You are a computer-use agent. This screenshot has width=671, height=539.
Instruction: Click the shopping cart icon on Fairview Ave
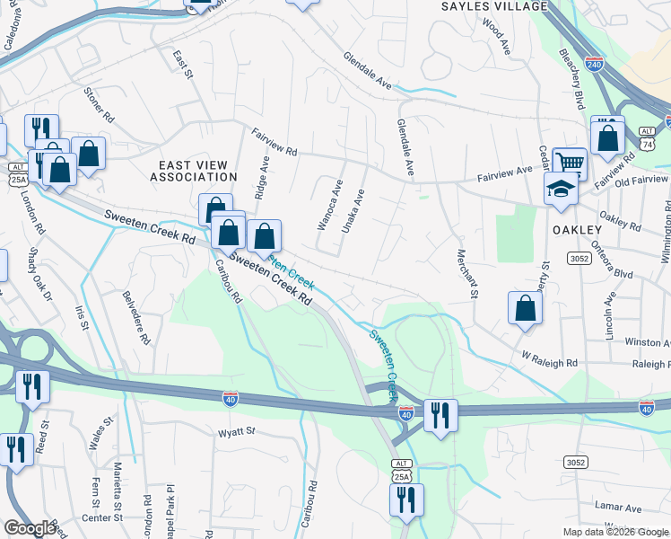pyautogui.click(x=570, y=163)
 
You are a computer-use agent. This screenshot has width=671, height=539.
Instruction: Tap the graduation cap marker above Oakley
pyautogui.click(x=561, y=189)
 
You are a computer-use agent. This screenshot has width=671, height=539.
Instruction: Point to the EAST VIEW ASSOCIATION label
pyautogui.click(x=198, y=171)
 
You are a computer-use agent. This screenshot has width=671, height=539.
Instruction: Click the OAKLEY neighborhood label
pyautogui.click(x=576, y=230)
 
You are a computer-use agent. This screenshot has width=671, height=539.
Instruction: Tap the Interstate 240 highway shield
pyautogui.click(x=594, y=65)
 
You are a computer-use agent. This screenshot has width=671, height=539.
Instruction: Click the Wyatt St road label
pyautogui.click(x=237, y=431)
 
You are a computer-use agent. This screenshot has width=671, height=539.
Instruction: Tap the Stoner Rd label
pyautogui.click(x=99, y=105)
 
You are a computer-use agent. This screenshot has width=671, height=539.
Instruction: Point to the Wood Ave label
pyautogui.click(x=495, y=36)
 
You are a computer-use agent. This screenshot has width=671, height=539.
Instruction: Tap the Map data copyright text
pyautogui.click(x=615, y=532)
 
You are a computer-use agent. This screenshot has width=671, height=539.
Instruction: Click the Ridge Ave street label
pyautogui.click(x=262, y=177)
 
